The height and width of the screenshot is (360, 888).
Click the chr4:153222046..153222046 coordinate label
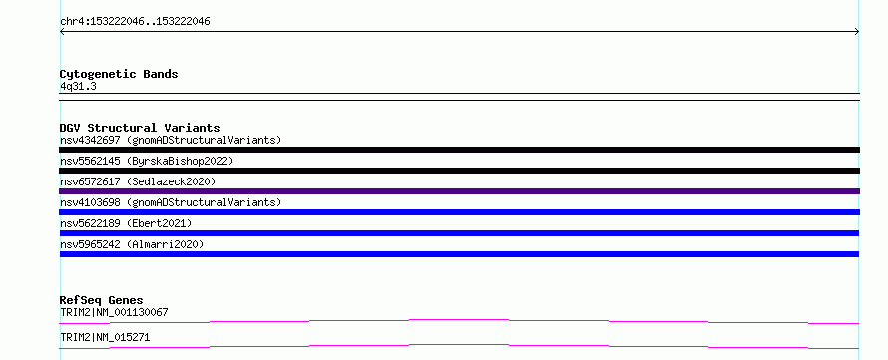135,22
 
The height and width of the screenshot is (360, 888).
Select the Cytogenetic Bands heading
119,74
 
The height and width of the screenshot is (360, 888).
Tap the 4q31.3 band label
78,86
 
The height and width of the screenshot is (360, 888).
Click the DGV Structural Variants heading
140,128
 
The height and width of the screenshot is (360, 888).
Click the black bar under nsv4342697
459,150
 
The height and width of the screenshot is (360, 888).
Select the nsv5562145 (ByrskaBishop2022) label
147,161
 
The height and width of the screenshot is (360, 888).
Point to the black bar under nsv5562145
459,171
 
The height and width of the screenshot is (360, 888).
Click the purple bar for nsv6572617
459,191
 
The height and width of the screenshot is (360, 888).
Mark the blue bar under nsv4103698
459,212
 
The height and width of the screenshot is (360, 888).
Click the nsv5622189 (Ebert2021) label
126,223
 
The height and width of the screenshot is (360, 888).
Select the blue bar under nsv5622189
459,233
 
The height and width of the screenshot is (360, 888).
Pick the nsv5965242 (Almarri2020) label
132,244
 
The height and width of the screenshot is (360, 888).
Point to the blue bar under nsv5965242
459,254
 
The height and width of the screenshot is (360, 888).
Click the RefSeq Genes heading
102,300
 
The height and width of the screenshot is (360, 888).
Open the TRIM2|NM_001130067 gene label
114,312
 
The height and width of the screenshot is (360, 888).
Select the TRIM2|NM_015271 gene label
105,337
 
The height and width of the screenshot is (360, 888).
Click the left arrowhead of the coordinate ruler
61,32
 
